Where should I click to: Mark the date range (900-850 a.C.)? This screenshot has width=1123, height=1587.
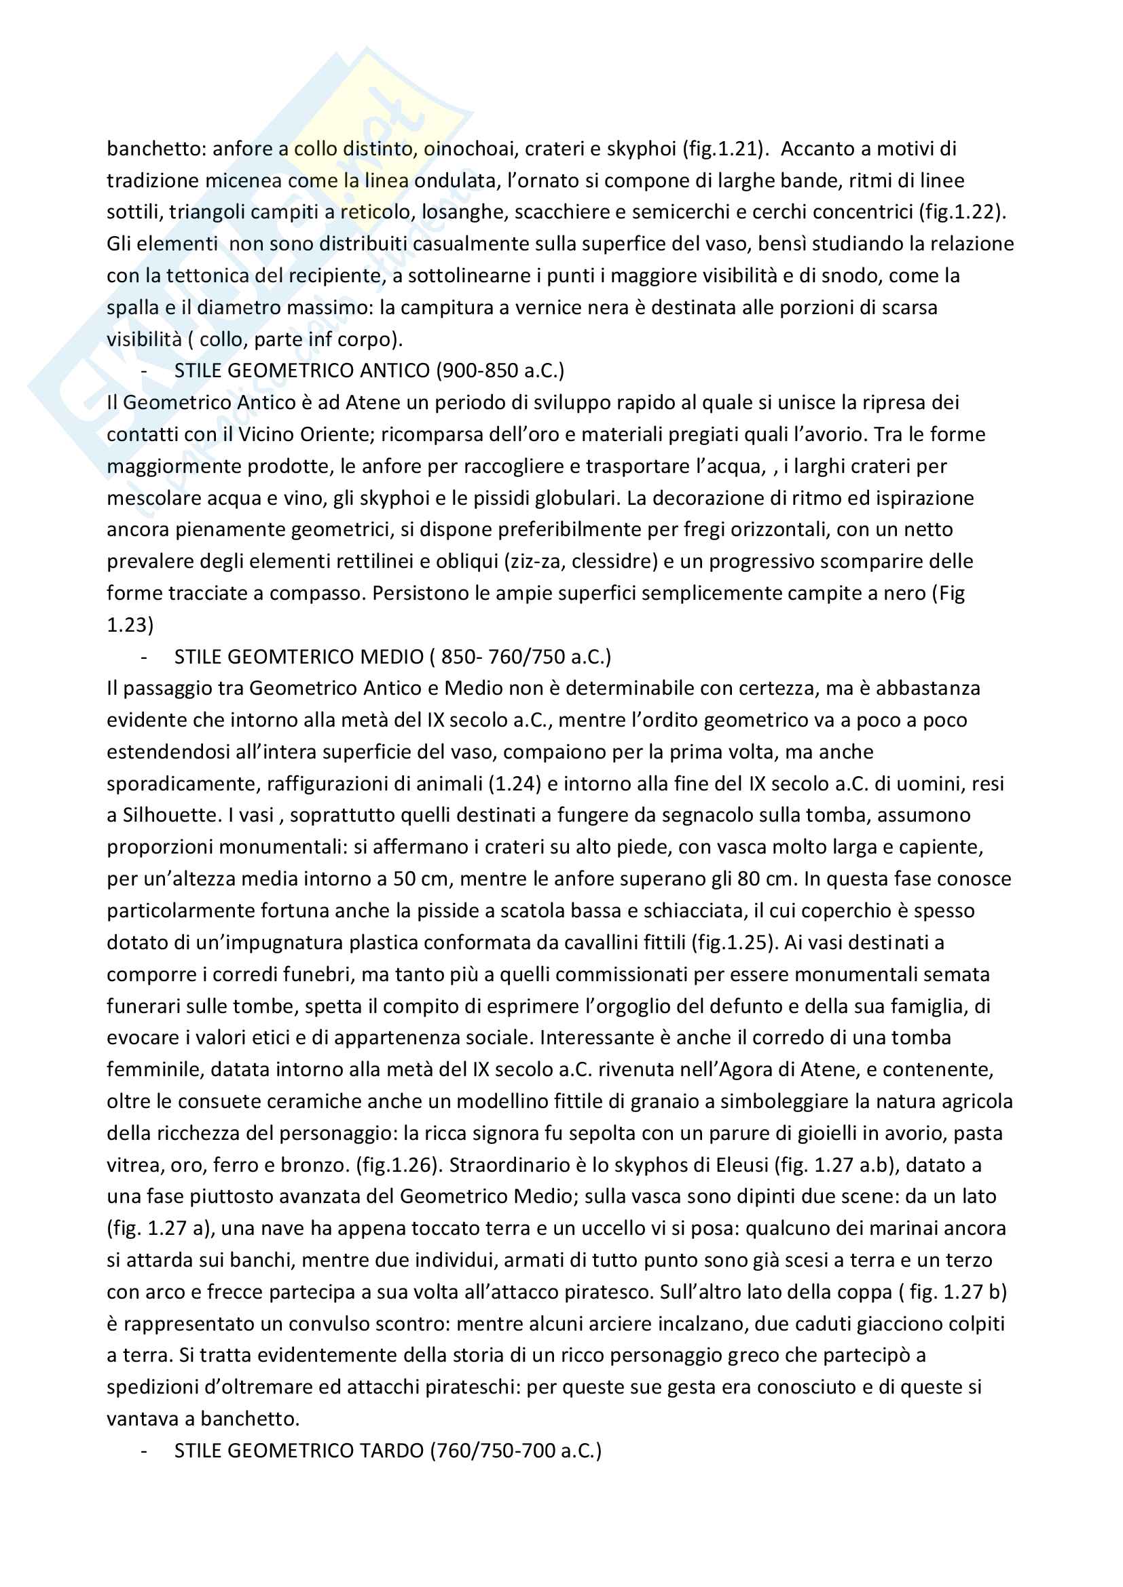click(x=500, y=371)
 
